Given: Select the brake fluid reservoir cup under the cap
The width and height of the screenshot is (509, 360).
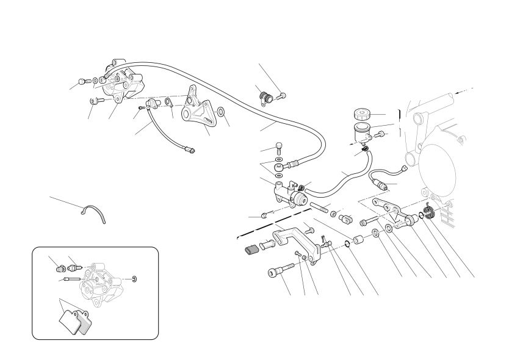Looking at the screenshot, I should [359, 131].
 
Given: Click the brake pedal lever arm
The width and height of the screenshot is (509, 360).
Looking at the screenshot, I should [292, 235].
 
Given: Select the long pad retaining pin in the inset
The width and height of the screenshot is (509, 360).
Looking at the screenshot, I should [72, 280].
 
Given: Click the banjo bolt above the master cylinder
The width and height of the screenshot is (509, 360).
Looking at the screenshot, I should [278, 146].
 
